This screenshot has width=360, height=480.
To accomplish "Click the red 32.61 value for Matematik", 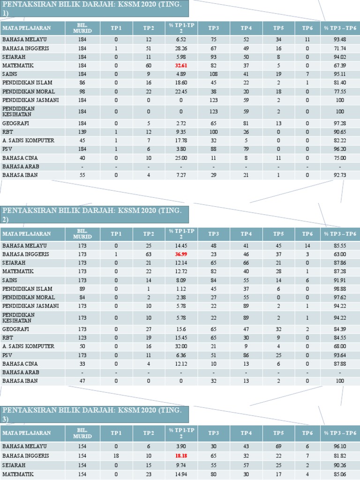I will coord(181,66).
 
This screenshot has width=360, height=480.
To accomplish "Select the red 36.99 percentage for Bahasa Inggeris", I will coord(181,254).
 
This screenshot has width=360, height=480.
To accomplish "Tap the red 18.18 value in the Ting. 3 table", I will coord(181,456).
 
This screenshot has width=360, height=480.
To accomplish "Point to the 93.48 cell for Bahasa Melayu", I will coord(340,39).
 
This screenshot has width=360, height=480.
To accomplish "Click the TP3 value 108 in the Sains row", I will coord(214,74).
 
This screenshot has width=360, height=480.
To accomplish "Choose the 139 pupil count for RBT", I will coord(82,132).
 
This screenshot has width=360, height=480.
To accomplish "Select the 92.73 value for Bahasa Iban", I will coord(340,175).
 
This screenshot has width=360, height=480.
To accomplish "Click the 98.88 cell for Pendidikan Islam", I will coord(340,289).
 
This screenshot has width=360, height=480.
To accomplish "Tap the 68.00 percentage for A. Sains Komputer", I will coord(340,346).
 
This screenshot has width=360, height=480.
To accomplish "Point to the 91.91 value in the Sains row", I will coord(340,280).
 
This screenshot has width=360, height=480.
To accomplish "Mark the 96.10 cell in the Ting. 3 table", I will coord(340,447).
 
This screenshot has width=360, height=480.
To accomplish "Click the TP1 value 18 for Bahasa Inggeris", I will coord(116,456).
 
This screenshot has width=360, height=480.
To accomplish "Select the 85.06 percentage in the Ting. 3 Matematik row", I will coord(340,474).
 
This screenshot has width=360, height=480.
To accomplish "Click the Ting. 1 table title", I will coord(94,8).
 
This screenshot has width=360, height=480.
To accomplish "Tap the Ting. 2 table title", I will coord(94,214).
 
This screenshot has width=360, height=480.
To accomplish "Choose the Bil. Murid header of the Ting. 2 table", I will coord(82,234).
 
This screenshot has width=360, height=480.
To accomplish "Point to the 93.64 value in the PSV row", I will coord(340,355).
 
